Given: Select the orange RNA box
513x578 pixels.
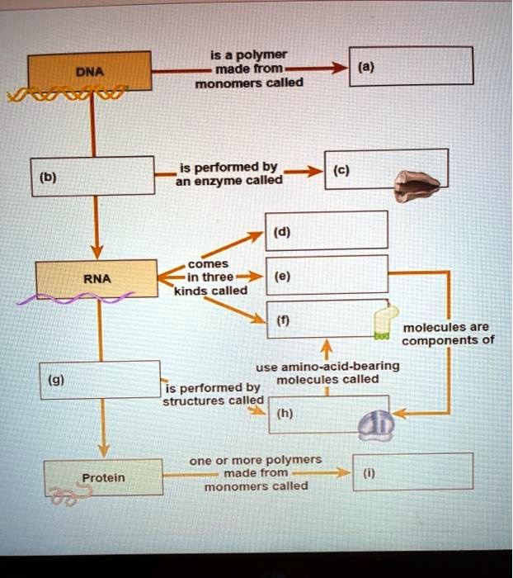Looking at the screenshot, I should pos(96,277).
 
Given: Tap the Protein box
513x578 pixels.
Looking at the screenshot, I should pos(103,478).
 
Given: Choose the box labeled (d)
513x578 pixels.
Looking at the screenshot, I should pos(327,230).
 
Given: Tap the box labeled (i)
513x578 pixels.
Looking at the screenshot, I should pos(412,471).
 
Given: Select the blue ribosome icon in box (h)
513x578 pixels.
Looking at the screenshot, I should pos(376,424).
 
